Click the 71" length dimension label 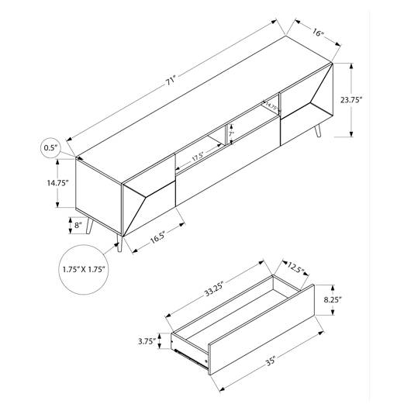coord(171,80)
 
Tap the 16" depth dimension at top coord(319,33)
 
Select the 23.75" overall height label coord(351,100)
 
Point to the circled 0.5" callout coord(50,148)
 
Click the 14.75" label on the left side coord(57,183)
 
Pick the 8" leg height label coord(78,225)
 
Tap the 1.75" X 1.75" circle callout coord(84,269)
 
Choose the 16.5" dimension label coord(157,237)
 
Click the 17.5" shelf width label coord(198,157)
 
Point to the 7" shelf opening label coord(230,134)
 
